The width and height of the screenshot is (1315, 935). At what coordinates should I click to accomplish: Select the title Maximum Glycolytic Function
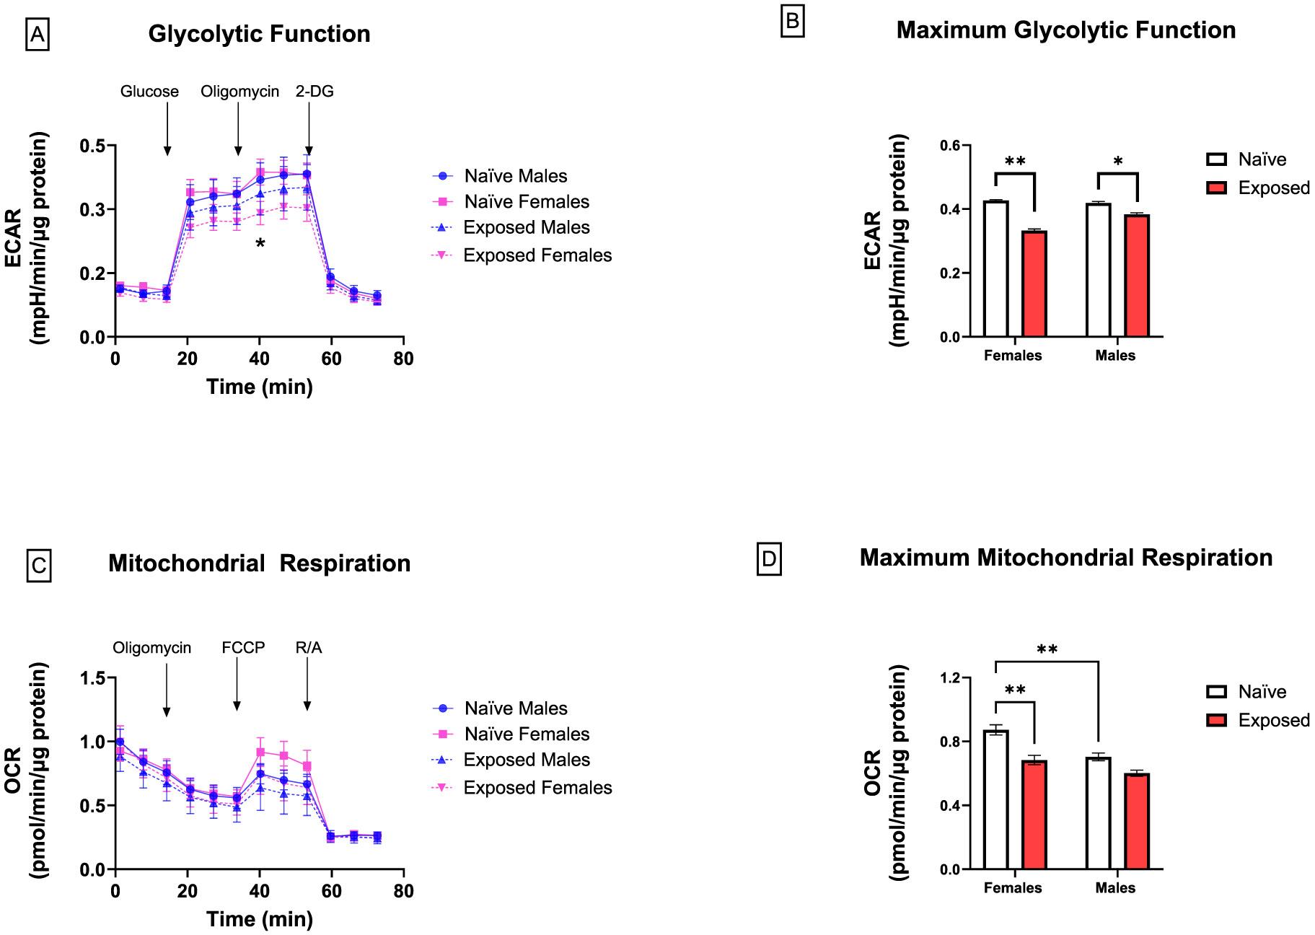pos(1065,30)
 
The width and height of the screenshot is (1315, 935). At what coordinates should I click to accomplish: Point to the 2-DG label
pos(315,92)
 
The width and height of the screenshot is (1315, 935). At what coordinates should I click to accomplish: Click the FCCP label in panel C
pos(243,648)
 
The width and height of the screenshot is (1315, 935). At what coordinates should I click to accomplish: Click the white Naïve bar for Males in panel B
pos(1099,271)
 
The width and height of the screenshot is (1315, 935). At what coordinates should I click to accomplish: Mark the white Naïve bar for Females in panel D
pos(996,799)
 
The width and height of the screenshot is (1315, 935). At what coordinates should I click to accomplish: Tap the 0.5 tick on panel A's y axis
pos(93,146)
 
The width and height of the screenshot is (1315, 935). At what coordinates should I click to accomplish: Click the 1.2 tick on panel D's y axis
pos(949,678)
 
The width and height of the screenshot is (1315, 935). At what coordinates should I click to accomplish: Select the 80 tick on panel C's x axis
pos(404,891)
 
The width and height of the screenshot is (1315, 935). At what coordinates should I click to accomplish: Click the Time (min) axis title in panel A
pos(260,387)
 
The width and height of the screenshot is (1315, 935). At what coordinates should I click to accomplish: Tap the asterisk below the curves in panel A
pos(260,244)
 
